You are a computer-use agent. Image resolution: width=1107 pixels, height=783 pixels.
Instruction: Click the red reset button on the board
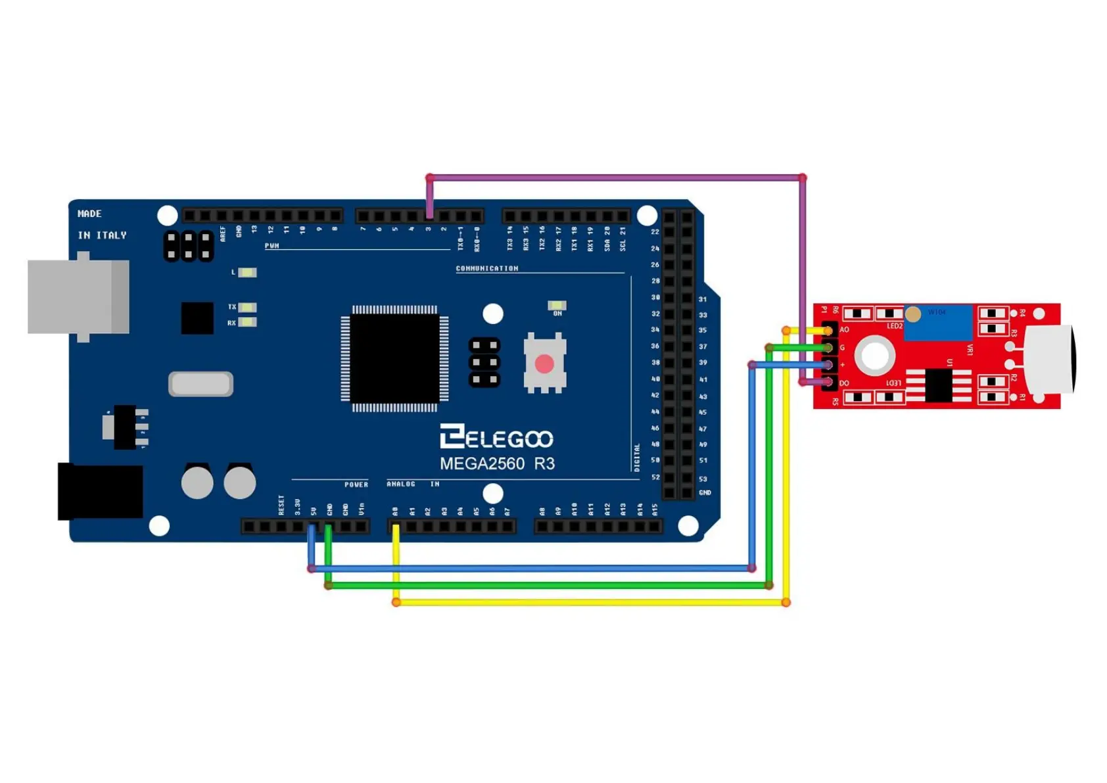[544, 364]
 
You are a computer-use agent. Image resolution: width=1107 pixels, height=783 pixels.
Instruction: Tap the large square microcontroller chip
[394, 358]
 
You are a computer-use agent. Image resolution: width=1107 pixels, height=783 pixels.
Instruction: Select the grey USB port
[78, 297]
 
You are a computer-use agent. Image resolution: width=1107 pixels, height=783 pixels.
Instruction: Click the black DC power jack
[100, 491]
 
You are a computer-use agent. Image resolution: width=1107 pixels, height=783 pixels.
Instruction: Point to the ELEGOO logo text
[497, 437]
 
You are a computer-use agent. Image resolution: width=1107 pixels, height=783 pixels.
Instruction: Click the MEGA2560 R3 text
[497, 463]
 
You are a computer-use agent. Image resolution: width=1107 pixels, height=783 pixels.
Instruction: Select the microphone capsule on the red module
[1050, 359]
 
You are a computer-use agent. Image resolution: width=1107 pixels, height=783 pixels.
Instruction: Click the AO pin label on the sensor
[845, 330]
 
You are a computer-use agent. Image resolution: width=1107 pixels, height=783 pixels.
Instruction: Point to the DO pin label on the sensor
[844, 383]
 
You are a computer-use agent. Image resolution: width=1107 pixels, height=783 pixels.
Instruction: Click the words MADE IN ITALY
[101, 224]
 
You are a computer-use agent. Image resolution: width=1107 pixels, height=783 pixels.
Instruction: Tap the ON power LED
[557, 306]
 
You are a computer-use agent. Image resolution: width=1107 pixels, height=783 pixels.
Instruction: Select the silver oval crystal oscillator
[201, 384]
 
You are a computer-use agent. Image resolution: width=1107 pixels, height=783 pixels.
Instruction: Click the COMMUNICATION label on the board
[487, 268]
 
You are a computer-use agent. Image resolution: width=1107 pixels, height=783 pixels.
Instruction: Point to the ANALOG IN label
[413, 484]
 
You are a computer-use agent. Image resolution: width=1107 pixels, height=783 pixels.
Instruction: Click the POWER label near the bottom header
[356, 485]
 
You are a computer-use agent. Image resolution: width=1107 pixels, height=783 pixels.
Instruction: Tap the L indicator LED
[247, 272]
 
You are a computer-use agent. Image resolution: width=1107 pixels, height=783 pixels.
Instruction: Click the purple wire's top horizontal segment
[616, 178]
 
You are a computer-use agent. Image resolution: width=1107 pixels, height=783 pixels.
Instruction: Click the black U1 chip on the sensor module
[938, 385]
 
